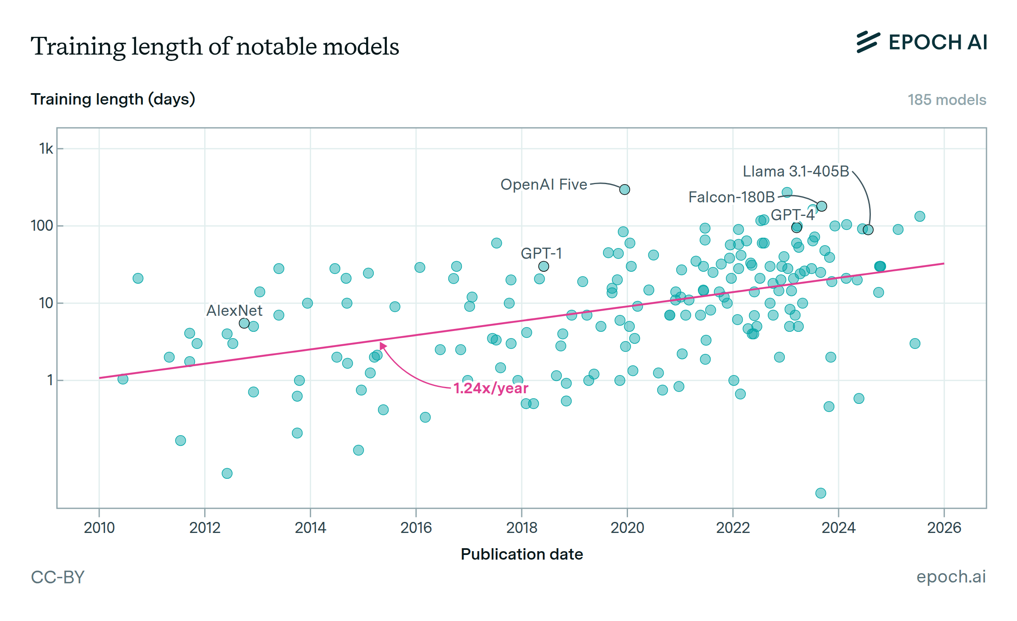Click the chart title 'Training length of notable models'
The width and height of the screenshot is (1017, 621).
click(215, 47)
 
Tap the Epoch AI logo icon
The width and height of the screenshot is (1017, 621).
click(868, 42)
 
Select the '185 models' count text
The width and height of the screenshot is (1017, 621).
click(947, 100)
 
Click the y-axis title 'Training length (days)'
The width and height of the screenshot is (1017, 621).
click(113, 99)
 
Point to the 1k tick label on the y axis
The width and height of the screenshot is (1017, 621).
click(46, 149)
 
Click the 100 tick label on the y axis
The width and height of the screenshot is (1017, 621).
click(42, 226)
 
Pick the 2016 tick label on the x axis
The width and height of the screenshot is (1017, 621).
click(416, 528)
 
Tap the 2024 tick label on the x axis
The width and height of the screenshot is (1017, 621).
click(838, 528)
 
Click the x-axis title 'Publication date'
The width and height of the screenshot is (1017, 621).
click(522, 554)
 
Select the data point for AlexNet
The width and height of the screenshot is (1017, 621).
click(244, 323)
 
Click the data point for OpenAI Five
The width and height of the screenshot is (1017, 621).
click(625, 190)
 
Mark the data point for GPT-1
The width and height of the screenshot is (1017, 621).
click(544, 266)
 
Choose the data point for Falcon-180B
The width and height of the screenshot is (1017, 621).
click(822, 206)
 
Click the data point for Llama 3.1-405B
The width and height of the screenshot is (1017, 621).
click(868, 230)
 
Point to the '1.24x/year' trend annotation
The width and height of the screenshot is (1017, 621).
click(491, 388)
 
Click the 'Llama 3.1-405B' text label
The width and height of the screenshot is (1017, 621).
click(796, 171)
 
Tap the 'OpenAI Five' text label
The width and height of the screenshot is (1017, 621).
click(544, 185)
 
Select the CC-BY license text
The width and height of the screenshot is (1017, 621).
click(58, 577)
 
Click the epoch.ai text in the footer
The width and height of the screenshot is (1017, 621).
click(951, 577)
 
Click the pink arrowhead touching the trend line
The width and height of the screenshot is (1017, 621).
click(383, 346)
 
